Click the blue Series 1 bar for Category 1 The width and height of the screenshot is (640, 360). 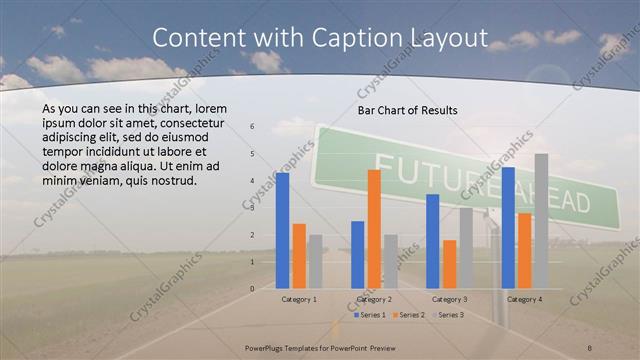[283, 230]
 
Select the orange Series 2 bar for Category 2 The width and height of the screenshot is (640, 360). [374, 229]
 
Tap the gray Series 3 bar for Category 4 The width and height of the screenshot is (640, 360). [541, 221]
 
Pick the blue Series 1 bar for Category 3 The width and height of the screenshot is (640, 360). [433, 241]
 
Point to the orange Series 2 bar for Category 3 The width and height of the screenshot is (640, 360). [449, 264]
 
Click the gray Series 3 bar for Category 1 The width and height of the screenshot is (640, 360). [315, 261]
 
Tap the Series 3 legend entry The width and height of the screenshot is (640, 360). [447, 315]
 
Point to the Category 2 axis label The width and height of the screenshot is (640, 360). [374, 299]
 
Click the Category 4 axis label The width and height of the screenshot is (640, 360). [524, 299]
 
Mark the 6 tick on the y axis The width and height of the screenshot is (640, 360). [252, 127]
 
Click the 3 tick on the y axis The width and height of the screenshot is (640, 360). [252, 208]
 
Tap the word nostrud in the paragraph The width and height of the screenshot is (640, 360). [174, 181]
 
